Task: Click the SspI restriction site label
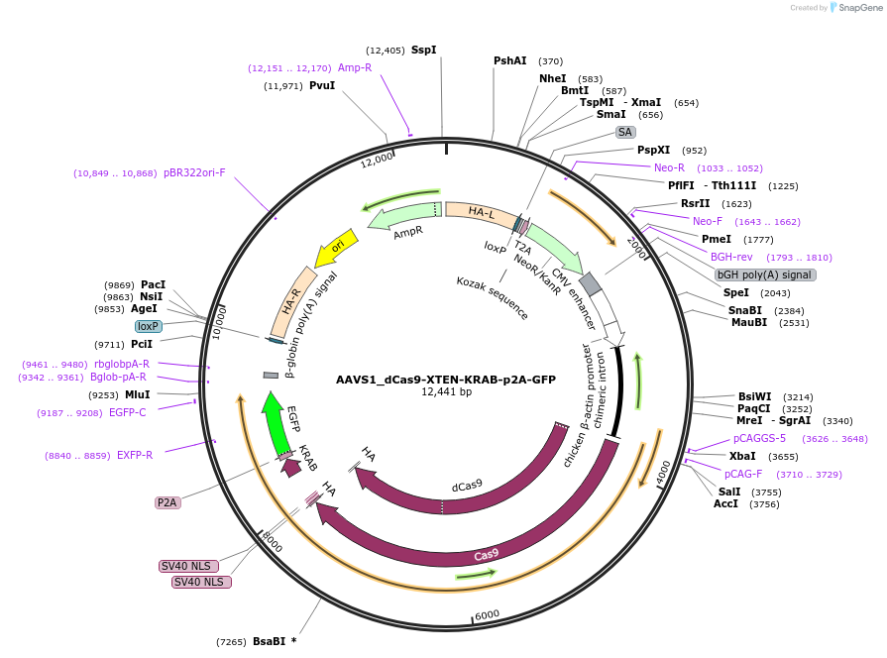pos(423,50)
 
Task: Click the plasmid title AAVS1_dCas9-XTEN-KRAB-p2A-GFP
pos(445,380)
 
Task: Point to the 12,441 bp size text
pos(445,392)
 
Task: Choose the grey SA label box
pos(624,132)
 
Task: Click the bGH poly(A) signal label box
pos(764,274)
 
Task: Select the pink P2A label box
pos(167,502)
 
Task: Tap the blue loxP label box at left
pos(149,326)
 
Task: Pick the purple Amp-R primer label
pos(355,68)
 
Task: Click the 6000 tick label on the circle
pos(487,615)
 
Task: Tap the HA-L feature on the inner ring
pos(481,212)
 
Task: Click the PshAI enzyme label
pos(510,61)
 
